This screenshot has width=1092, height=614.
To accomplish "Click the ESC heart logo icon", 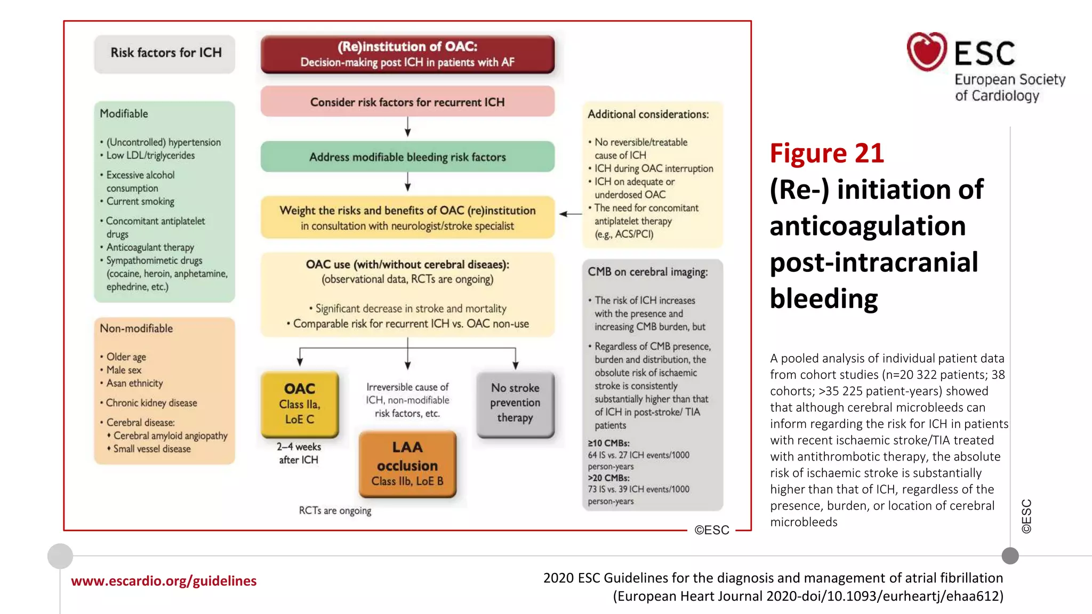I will (927, 52).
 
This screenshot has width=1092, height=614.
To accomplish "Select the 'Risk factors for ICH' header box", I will (165, 53).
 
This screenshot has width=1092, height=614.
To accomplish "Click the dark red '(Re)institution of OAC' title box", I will (407, 54).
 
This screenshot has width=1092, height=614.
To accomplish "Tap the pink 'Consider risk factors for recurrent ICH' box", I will (407, 102).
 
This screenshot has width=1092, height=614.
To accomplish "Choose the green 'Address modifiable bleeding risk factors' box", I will (407, 157).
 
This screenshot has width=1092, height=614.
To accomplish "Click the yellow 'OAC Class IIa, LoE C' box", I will (300, 404).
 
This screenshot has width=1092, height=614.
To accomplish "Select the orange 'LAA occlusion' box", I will (407, 464).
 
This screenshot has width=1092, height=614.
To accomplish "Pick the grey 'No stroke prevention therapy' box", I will (515, 403).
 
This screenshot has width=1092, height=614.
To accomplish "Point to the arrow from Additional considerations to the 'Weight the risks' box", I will (570, 214).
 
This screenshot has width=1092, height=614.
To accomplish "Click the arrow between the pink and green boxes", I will (407, 127).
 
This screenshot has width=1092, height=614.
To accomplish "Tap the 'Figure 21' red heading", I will (826, 153).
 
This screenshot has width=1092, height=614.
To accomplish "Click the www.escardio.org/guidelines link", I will (164, 581).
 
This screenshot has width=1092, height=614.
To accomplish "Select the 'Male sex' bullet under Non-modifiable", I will (124, 370).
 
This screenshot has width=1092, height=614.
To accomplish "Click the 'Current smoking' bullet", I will (140, 201).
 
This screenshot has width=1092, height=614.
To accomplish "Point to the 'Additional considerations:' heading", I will (648, 114).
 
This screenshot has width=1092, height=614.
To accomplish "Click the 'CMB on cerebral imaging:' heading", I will (647, 272).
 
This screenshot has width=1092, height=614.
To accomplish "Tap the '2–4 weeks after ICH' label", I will (299, 453).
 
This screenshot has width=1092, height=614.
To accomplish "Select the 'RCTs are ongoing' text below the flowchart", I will (335, 511).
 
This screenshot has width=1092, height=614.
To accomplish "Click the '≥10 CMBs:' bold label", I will (608, 443).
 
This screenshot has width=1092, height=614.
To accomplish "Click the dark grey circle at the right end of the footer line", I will (1010, 556).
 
